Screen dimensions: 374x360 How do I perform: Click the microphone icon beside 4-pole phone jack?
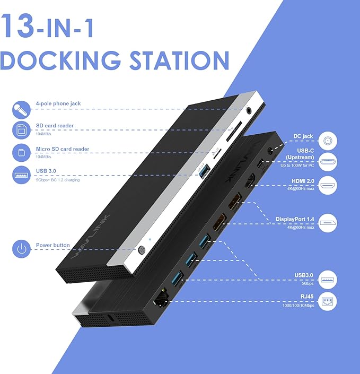click(21, 109)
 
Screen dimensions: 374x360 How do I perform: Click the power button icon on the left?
click(21, 249)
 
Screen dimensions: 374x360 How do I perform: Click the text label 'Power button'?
click(52, 246)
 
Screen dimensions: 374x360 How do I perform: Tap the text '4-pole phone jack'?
click(58, 103)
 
